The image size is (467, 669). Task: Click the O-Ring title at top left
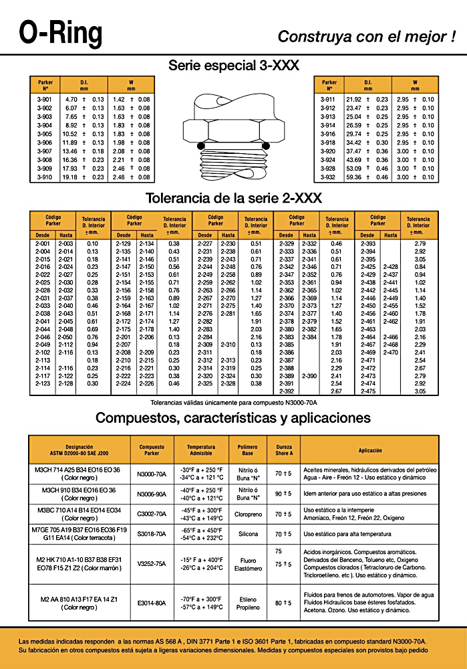(x=61, y=31)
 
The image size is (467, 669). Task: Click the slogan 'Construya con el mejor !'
(x=367, y=36)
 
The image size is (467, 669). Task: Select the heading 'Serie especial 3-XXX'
(x=233, y=66)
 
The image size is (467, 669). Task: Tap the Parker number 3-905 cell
(x=44, y=134)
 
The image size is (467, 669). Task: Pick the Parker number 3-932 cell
(x=328, y=177)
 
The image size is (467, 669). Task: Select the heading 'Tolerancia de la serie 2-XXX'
(x=233, y=199)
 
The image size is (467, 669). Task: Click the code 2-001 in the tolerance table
(x=42, y=244)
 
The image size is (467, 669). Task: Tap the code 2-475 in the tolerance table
(x=368, y=391)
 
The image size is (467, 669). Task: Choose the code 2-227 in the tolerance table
(x=204, y=244)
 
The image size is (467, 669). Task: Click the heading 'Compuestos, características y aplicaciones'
(x=233, y=418)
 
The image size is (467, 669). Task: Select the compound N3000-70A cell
(x=151, y=474)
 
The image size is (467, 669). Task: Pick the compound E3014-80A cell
(x=151, y=603)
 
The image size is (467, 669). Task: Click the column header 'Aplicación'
(x=369, y=450)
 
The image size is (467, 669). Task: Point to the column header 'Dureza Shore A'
(x=280, y=450)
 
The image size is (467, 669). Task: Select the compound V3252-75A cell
(x=151, y=564)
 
